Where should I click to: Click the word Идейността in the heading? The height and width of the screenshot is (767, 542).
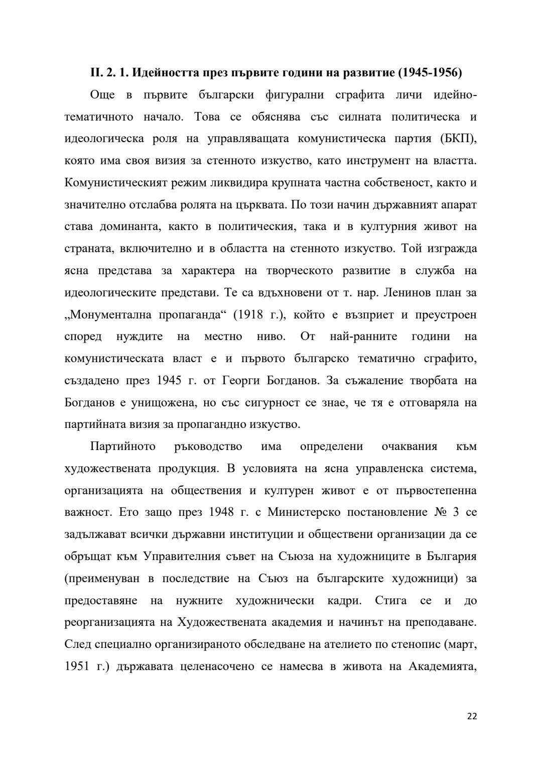coord(163,73)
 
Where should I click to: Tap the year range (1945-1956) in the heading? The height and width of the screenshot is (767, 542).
coord(430,73)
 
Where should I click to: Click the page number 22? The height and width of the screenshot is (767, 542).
coord(472,716)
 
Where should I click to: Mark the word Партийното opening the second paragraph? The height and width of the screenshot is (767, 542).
coord(123,447)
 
